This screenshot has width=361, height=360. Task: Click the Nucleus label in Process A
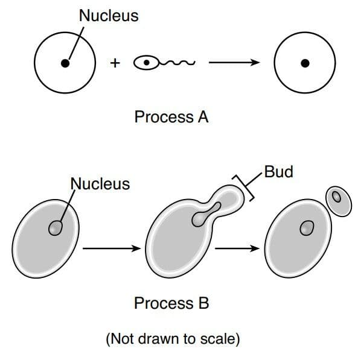tap(109, 16)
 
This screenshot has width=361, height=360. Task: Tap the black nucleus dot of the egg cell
tap(65, 63)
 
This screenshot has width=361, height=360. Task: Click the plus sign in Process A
tap(115, 63)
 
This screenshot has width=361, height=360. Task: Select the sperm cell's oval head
tap(147, 63)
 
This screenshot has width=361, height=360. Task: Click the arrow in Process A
tap(234, 62)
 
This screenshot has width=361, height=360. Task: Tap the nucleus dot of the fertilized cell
tap(305, 63)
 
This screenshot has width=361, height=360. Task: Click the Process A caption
tap(171, 117)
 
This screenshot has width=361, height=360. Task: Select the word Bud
tap(278, 172)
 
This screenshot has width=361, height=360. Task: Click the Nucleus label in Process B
tap(100, 184)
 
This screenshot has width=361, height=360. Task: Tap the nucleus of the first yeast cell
tap(56, 228)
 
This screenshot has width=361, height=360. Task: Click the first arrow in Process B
tap(112, 248)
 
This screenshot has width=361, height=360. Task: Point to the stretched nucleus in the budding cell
tap(206, 215)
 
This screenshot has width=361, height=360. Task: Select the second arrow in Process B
tap(237, 248)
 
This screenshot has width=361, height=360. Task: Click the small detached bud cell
tap(339, 201)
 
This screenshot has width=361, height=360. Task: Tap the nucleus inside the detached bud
tap(337, 197)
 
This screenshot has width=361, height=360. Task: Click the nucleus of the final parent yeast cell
tap(307, 228)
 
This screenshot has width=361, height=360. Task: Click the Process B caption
tap(171, 303)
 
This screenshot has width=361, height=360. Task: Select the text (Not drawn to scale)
tap(173, 339)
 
